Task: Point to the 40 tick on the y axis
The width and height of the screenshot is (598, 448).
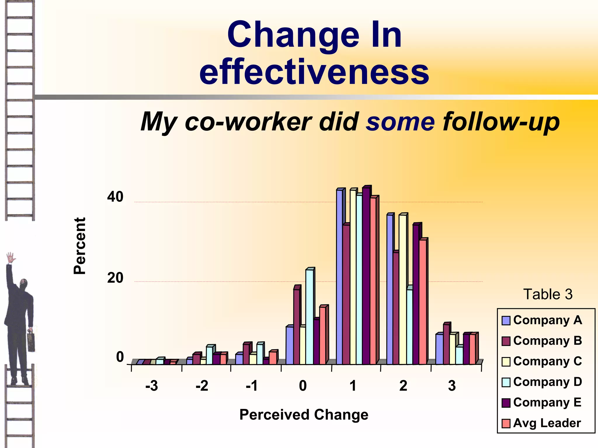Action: click(115, 197)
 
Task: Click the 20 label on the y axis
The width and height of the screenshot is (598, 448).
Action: click(115, 278)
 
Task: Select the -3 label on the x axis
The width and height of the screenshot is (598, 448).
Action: click(152, 386)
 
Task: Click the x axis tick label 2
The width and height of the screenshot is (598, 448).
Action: click(403, 386)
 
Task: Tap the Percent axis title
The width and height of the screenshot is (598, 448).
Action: click(79, 246)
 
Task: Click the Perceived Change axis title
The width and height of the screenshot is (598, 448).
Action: click(304, 414)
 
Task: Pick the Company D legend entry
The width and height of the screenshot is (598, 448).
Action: click(547, 382)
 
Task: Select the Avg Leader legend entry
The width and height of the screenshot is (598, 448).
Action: click(547, 423)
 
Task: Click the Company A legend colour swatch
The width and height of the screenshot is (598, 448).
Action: click(506, 321)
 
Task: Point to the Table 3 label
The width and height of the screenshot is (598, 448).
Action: click(548, 294)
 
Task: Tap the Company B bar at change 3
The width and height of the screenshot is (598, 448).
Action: click(446, 344)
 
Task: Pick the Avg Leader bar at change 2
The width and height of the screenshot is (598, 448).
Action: click(423, 302)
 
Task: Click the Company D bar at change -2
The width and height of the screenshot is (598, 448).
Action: click(209, 355)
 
